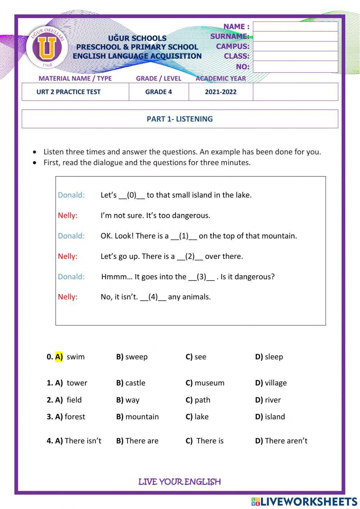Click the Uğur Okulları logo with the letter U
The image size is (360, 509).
pyautogui.click(x=46, y=47)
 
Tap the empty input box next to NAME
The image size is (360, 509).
pyautogui.click(x=295, y=27)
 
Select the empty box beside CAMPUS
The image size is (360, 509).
pyautogui.click(x=295, y=46)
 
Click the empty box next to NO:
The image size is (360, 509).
pyautogui.click(x=295, y=67)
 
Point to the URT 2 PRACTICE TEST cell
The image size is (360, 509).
pyautogui.click(x=68, y=92)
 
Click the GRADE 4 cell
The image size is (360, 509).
pyautogui.click(x=158, y=92)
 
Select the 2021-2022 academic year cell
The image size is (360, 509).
pyautogui.click(x=221, y=92)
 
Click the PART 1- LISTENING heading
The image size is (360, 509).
pyautogui.click(x=180, y=119)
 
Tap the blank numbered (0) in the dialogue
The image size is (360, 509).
pyautogui.click(x=132, y=195)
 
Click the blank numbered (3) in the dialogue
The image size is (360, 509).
pyautogui.click(x=202, y=277)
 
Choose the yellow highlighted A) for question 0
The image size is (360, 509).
pyautogui.click(x=59, y=357)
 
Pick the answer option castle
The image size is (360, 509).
pyautogui.click(x=135, y=383)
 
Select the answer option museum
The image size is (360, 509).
pyautogui.click(x=209, y=383)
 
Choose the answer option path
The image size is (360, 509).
pyautogui.click(x=202, y=400)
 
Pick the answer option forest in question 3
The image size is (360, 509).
pyautogui.click(x=75, y=417)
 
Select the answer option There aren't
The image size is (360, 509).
pyautogui.click(x=286, y=441)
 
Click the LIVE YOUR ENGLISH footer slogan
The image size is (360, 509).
pyautogui.click(x=180, y=482)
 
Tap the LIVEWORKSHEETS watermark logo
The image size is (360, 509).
pyautogui.click(x=304, y=502)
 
